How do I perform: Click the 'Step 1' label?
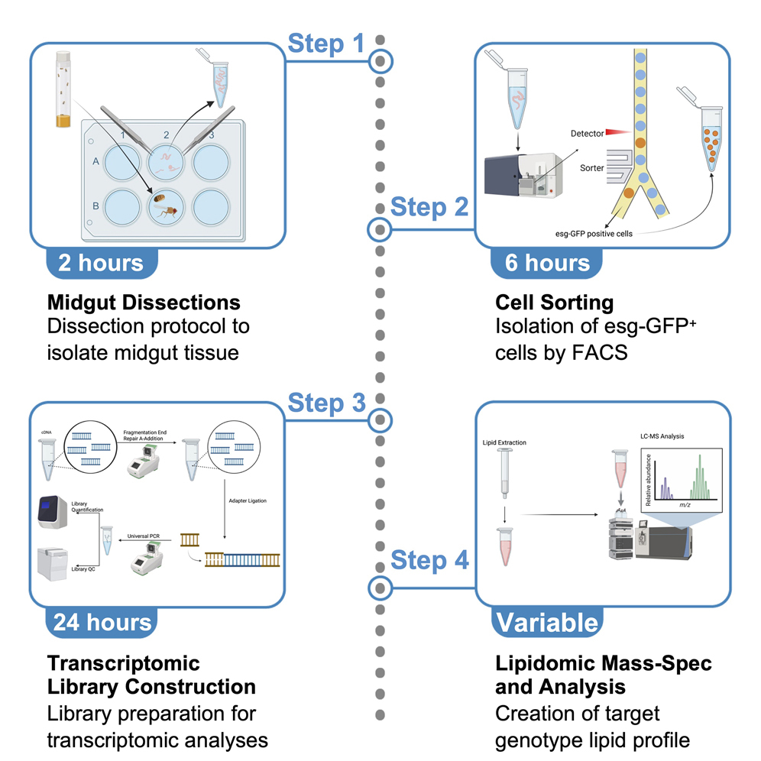pos(325,44)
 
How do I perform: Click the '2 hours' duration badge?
pos(101,263)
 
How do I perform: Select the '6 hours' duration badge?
pos(547,263)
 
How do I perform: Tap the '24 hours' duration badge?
pos(101,622)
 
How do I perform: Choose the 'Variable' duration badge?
pos(547,622)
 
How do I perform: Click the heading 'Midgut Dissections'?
pos(144,301)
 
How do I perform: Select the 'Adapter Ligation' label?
pos(249,500)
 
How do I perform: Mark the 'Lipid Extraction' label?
pos(504,442)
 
